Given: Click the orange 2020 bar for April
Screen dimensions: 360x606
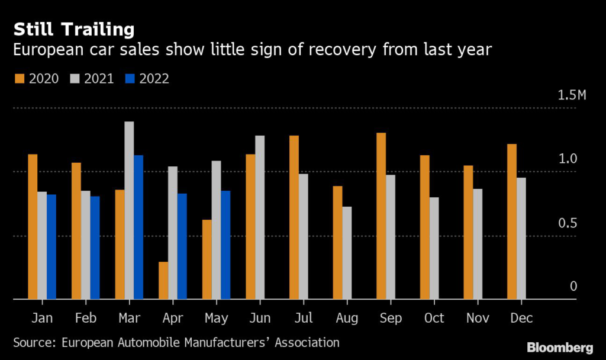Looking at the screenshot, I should (163, 281).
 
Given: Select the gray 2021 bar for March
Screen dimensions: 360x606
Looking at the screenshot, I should (129, 211).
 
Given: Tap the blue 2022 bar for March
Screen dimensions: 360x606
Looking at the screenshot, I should (138, 227).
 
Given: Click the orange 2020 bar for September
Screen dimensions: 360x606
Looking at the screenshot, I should (381, 216).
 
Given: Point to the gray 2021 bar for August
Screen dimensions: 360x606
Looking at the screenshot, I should (347, 253).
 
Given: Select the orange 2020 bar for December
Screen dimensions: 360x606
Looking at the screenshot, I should (512, 222).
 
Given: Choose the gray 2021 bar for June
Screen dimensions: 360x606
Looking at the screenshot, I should (260, 217).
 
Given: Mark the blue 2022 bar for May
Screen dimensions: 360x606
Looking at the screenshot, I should (225, 245).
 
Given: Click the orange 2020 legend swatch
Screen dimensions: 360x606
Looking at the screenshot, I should (18, 79).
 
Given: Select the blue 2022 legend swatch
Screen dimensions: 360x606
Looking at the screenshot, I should (130, 79).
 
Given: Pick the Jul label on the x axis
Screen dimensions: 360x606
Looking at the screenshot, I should (302, 318).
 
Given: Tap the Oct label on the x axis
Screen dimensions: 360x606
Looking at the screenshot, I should (434, 318).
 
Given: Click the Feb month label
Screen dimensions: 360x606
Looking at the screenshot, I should (85, 318).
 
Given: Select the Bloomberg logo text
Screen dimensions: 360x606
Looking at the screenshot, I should (560, 346).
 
